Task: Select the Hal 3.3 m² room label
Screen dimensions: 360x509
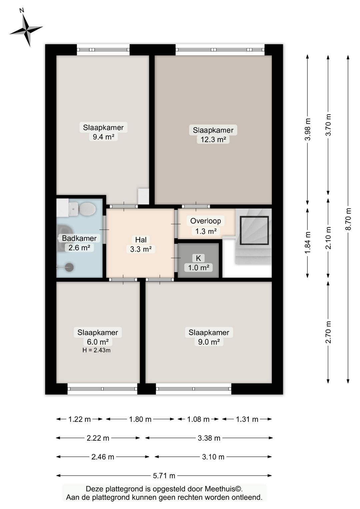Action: click(141, 244)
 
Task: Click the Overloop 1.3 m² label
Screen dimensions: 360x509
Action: click(206, 225)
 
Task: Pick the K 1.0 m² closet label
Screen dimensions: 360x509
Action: click(199, 263)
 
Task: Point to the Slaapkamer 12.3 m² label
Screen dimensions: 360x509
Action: click(213, 134)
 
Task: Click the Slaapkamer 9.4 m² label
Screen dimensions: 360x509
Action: click(103, 132)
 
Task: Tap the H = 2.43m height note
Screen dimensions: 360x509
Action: click(97, 350)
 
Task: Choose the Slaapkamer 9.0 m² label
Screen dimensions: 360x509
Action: click(209, 337)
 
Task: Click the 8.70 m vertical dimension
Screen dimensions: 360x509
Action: click(348, 219)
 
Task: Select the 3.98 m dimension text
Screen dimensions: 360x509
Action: click(308, 129)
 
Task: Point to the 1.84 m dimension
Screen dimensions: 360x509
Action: click(308, 243)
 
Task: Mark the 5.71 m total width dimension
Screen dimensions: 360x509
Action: click(164, 476)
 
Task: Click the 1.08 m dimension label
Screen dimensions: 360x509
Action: click(198, 419)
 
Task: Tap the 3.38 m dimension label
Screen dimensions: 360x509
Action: click(209, 438)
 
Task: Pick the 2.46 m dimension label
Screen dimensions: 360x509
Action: click(103, 457)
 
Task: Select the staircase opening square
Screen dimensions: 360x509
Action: click(254, 230)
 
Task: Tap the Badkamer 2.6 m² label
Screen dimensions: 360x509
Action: click(79, 243)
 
